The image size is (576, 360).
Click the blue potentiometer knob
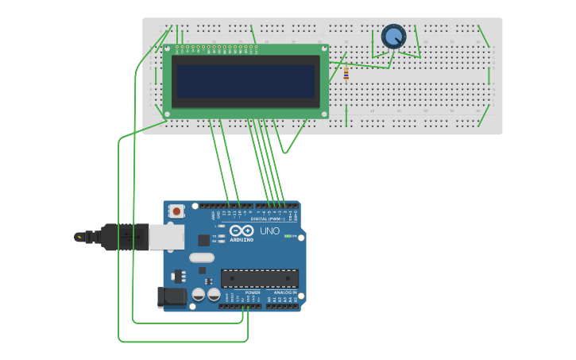(x=393, y=37)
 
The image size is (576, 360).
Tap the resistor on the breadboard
(x=346, y=74)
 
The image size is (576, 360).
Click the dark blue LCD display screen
(x=245, y=81)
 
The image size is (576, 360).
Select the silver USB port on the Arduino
(x=167, y=237)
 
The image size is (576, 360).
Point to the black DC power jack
(x=172, y=297)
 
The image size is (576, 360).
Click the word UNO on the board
(x=270, y=231)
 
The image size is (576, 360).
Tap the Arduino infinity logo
(x=242, y=231)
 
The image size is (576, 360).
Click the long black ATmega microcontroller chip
(x=260, y=278)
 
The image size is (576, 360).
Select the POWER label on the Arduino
(x=253, y=292)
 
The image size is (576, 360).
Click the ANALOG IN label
(x=285, y=292)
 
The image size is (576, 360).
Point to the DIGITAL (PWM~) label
(x=269, y=219)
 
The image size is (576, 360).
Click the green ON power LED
(x=288, y=236)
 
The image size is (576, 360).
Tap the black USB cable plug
(x=119, y=237)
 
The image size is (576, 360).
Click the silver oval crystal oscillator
(x=202, y=257)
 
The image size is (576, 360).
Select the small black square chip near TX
(x=204, y=239)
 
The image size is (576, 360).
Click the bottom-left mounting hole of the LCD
(x=167, y=114)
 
